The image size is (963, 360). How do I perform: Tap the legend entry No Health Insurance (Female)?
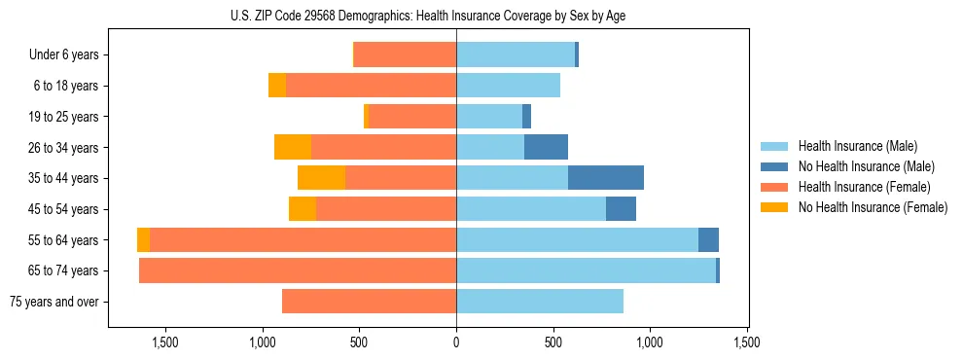click(873, 207)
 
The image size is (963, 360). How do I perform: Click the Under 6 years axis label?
click(63, 55)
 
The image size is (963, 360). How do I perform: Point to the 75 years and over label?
click(53, 302)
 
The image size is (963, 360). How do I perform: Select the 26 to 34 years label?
click(64, 148)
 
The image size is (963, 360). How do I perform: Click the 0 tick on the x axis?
click(456, 342)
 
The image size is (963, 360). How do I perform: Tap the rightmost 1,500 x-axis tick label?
click(746, 342)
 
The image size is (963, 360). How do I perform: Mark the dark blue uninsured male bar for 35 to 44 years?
click(605, 178)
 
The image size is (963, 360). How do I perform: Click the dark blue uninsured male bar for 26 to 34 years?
click(546, 147)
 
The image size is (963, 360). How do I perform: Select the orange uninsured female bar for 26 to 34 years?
click(293, 147)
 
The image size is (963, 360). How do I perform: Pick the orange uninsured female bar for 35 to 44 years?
click(321, 178)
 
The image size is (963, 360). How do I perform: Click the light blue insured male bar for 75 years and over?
click(540, 302)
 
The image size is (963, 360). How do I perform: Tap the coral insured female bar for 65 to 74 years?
click(298, 270)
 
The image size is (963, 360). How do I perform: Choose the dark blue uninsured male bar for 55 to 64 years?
click(708, 239)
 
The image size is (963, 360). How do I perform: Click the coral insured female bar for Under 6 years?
click(405, 54)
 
